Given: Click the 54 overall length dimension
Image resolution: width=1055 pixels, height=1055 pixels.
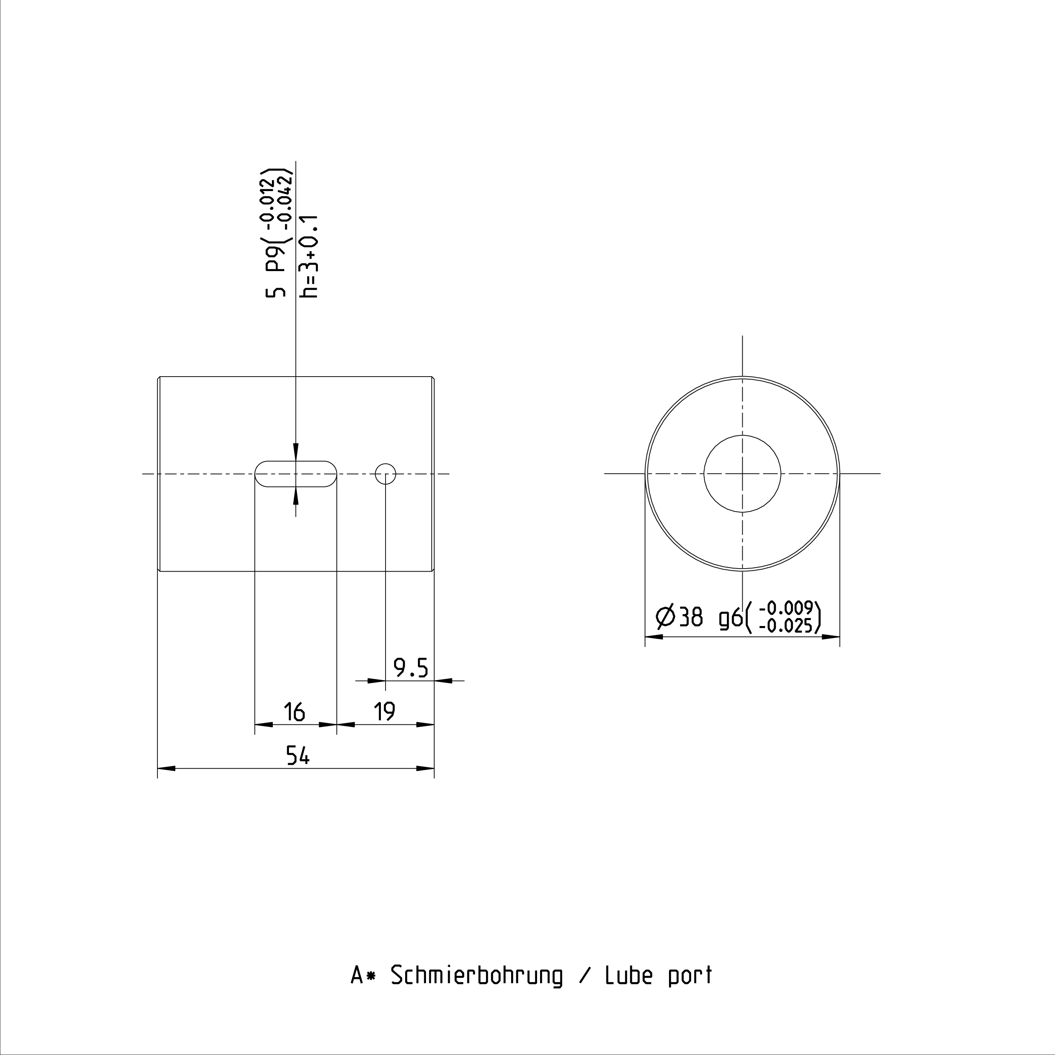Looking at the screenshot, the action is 297,756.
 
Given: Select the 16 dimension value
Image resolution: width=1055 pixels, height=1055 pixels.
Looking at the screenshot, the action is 294,712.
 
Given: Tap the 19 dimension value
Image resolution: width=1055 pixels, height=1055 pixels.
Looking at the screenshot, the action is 384,712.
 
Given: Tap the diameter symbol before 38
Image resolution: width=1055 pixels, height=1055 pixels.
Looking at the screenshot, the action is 666,618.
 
